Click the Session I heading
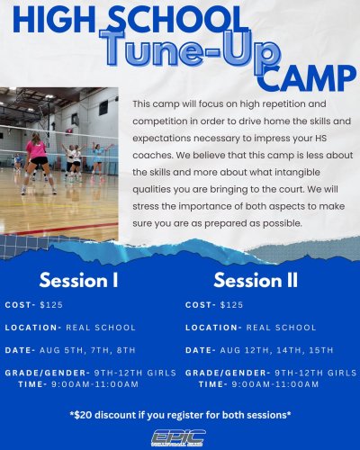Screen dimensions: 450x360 point(79,279)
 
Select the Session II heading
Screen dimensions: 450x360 point(256,279)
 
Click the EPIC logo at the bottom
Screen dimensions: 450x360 point(180,436)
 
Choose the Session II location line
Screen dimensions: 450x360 point(250,328)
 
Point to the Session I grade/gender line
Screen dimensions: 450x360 point(90,372)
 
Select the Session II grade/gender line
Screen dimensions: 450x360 point(270,372)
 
